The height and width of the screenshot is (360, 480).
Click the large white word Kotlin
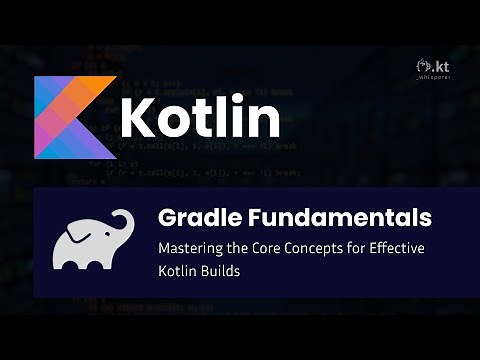tap(200, 116)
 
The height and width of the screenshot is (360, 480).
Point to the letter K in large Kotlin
tap(139, 116)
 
